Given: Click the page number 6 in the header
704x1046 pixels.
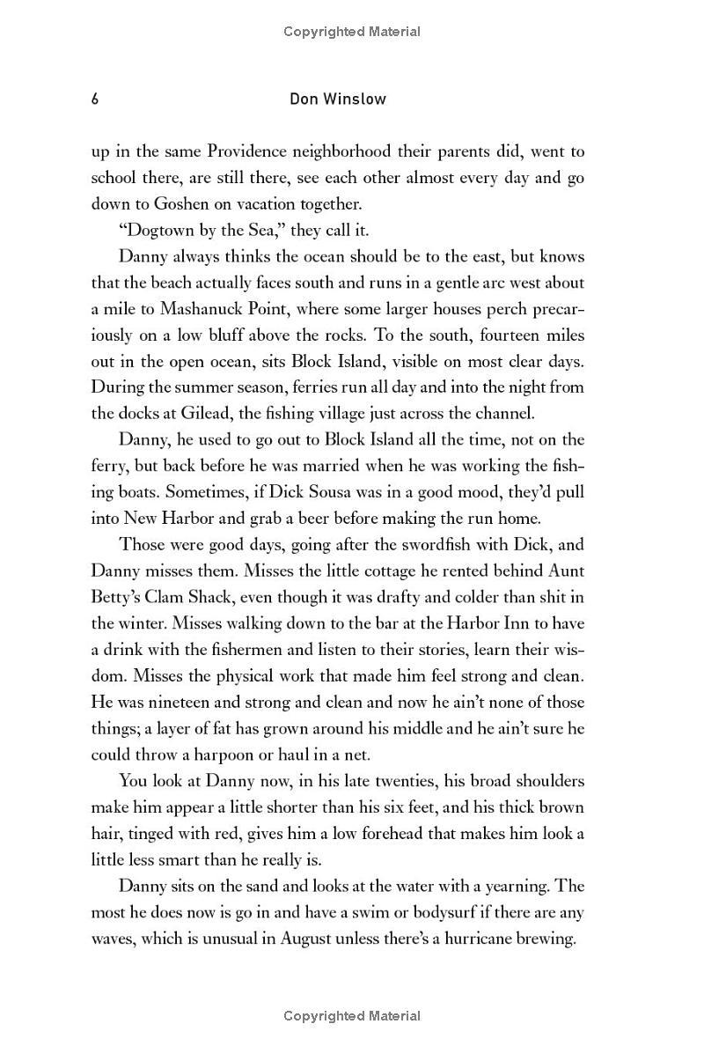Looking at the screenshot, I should point(95,99).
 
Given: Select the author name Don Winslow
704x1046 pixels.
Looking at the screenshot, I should point(338,99).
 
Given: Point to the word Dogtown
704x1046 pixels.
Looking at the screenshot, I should point(158,231).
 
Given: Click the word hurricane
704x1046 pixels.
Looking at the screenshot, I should point(484,939).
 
